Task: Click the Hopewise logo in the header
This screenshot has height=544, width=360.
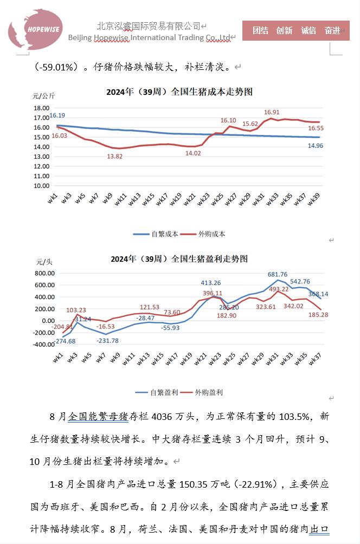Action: point(35,29)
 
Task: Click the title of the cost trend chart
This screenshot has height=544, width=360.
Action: point(179,92)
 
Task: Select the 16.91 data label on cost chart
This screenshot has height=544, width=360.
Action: point(272,112)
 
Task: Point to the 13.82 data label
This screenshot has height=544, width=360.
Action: point(115,156)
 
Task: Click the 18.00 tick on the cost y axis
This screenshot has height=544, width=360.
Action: point(41,108)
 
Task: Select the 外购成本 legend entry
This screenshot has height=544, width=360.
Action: point(204,234)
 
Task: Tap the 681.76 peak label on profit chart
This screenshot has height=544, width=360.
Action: point(278,275)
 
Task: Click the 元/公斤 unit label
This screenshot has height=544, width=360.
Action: point(44,96)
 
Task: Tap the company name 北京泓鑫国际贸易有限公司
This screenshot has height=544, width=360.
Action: point(149,25)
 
